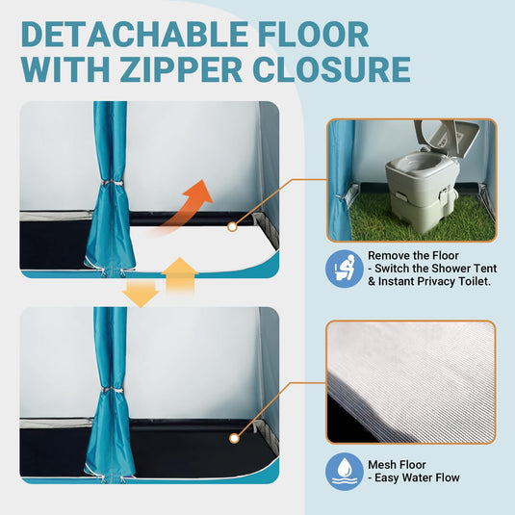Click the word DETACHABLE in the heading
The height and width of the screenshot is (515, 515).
pos(135,34)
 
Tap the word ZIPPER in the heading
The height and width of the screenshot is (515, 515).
pos(181,69)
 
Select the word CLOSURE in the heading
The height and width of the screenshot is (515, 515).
pos(332,69)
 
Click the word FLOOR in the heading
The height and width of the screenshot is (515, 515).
pos(314,34)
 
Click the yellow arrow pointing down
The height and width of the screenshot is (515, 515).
pos(141,294)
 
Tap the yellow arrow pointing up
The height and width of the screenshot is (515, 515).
pos(180,274)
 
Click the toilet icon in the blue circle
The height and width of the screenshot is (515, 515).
pos(345,269)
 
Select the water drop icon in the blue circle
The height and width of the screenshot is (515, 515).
pos(345,472)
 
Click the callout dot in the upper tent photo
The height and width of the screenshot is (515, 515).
pos(232,226)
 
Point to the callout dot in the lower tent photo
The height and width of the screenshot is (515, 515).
pos(234,439)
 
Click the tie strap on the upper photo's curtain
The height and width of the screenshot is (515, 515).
pos(113,183)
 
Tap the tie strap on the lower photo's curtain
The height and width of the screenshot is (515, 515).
pos(113,390)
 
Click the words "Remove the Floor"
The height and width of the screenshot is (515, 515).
pos(413,255)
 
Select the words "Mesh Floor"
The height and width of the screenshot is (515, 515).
pos(397,465)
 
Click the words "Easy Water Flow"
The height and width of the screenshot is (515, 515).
pos(417,477)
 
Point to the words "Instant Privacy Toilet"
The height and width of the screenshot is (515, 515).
pos(434,281)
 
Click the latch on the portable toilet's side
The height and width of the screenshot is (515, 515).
pos(444,193)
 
